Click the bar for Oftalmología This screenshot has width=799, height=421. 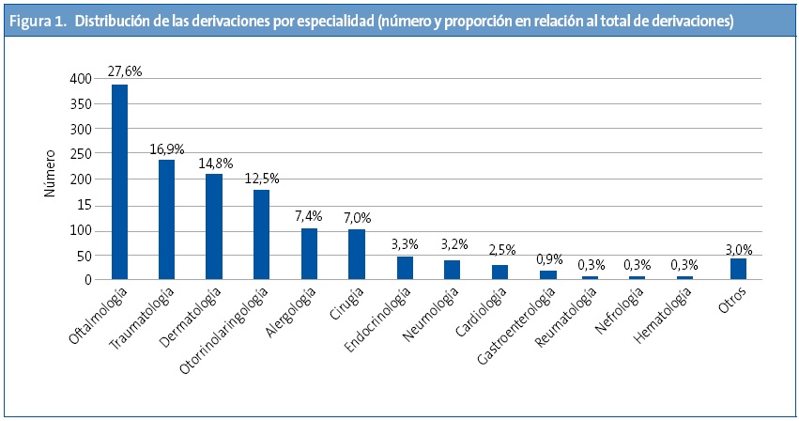(x=119, y=181)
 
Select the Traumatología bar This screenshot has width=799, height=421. (x=166, y=219)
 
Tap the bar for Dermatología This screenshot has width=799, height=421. (x=214, y=226)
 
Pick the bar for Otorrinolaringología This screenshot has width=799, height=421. (x=262, y=234)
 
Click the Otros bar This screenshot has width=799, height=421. (x=738, y=268)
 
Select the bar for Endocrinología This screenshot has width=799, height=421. (x=405, y=267)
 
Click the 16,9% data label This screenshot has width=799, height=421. (x=167, y=148)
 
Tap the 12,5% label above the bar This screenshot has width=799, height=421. (x=263, y=178)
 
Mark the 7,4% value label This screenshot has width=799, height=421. (x=310, y=216)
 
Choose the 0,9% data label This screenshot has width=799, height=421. (x=550, y=258)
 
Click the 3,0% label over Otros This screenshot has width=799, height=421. (x=738, y=249)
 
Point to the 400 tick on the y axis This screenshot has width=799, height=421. (x=81, y=79)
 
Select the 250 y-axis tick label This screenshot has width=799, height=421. (x=81, y=154)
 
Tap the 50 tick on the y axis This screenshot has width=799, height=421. (x=84, y=255)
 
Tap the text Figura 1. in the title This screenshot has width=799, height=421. (x=38, y=20)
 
